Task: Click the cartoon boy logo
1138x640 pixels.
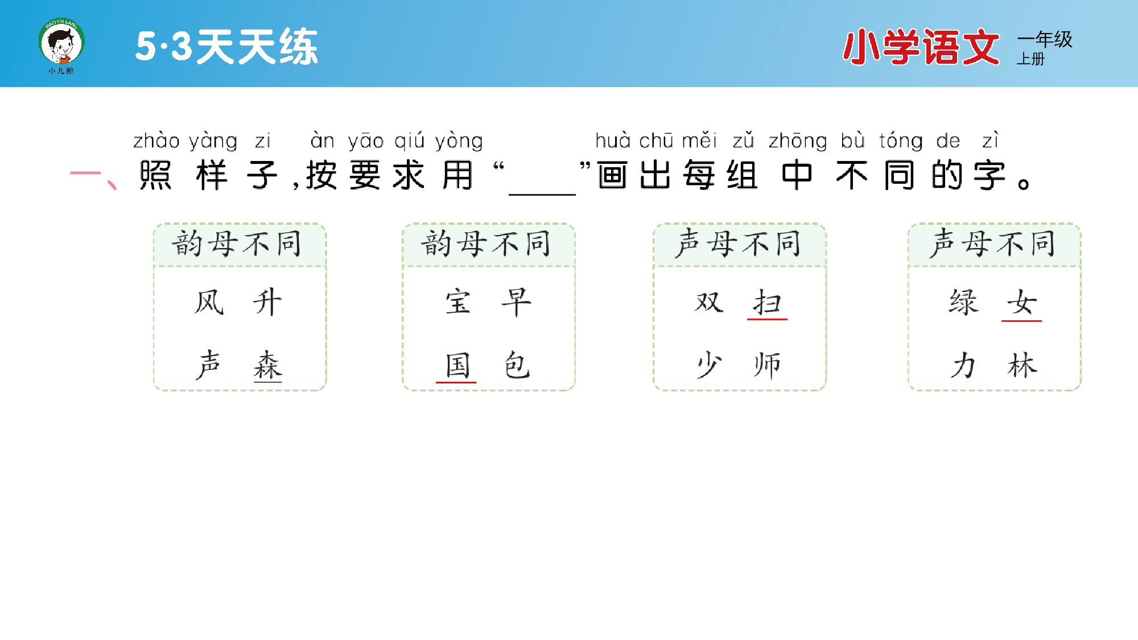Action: [61, 43]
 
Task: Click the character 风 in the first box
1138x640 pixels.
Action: [209, 302]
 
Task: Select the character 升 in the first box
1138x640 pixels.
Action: [267, 302]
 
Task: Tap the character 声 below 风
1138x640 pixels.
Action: [209, 365]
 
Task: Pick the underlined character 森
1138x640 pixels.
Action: [267, 365]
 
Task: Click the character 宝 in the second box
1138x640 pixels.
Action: [458, 302]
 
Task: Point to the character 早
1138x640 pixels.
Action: [517, 302]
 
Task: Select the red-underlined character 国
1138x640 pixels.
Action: [457, 365]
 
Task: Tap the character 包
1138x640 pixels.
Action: [517, 365]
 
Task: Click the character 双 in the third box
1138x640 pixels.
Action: [709, 302]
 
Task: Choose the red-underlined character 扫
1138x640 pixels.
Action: [767, 302]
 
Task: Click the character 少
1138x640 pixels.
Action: [709, 365]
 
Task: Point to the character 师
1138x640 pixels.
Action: [767, 365]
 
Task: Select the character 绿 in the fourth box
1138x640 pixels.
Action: [963, 302]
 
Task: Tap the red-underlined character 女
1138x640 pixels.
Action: [1022, 302]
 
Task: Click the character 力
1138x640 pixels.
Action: [963, 365]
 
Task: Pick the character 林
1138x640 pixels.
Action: [1022, 365]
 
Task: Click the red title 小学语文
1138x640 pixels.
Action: [921, 47]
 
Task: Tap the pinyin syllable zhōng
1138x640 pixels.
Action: [798, 141]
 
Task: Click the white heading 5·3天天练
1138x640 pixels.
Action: [226, 46]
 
